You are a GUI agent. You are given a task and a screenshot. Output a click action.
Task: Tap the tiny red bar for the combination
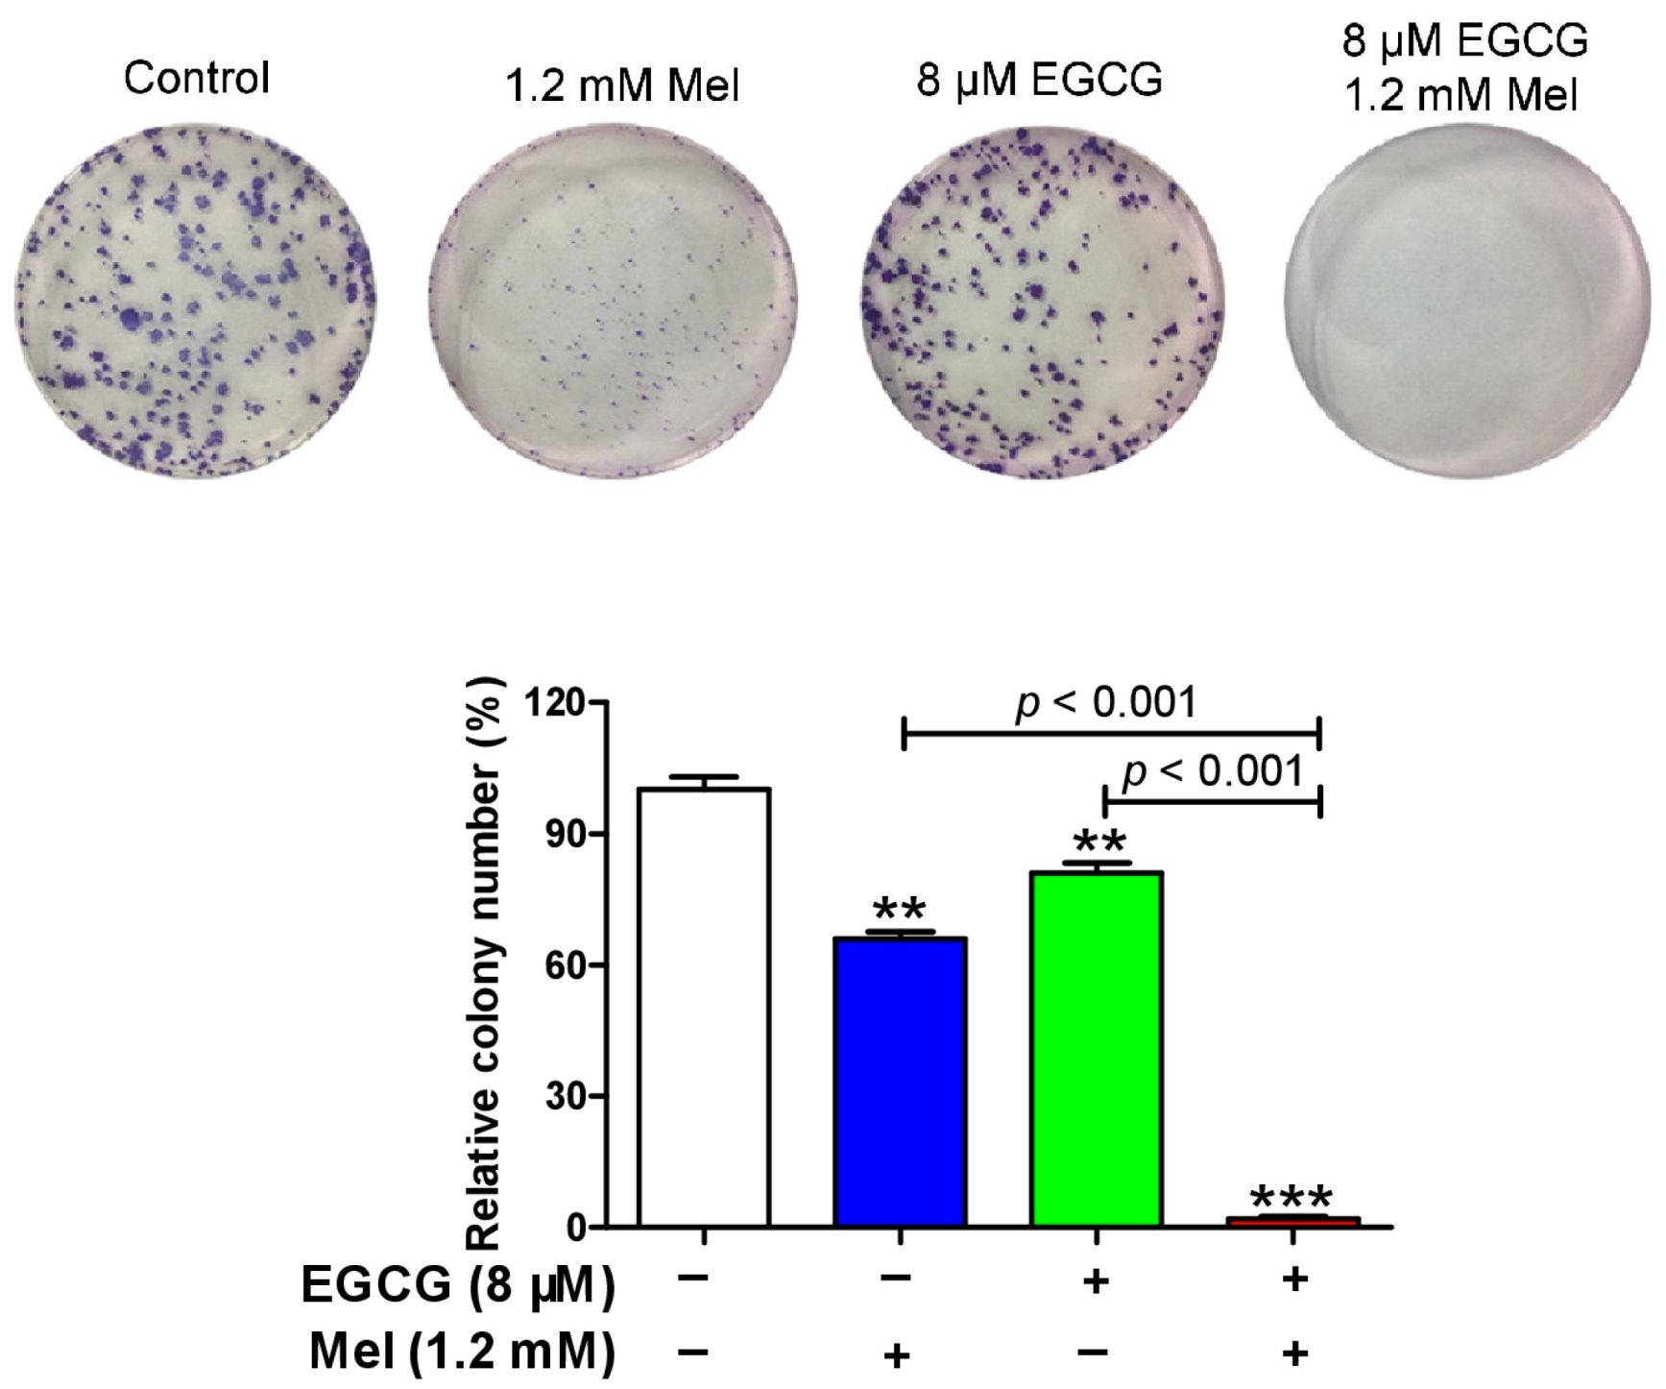click(1293, 1221)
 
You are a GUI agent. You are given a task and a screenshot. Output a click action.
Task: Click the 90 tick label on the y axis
click(565, 834)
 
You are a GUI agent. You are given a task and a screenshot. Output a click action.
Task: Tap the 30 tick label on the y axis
click(565, 1096)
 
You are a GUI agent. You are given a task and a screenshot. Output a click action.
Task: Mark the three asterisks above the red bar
click(1292, 1198)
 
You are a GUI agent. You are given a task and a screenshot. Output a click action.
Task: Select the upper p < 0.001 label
click(1106, 703)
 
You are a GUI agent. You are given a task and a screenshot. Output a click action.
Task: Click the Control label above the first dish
click(196, 78)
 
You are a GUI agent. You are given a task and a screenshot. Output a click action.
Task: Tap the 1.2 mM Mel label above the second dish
click(622, 85)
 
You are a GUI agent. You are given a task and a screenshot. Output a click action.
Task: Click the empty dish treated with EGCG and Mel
click(1466, 302)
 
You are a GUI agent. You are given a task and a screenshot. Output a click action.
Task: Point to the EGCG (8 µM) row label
click(457, 1285)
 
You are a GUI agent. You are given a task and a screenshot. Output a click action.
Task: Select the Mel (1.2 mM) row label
click(461, 1352)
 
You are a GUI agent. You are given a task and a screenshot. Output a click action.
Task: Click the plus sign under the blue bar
click(897, 1354)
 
